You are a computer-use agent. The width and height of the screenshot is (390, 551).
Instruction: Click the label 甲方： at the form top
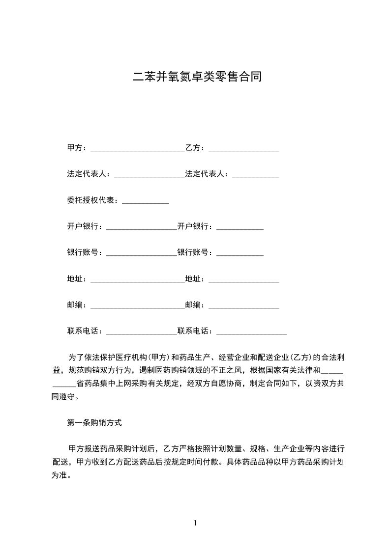pos(77,147)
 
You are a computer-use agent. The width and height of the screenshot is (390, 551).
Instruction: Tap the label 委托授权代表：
pos(93,200)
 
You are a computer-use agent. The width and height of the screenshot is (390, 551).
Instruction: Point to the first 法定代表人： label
pos(89,173)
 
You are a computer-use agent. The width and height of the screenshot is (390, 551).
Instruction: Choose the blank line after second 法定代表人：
pos(256,176)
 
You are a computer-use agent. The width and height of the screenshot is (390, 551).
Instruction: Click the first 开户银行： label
pos(85,226)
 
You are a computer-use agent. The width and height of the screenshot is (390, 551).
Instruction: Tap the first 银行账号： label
pos(85,252)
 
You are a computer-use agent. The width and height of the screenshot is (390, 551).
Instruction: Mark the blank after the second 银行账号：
pos(240,255)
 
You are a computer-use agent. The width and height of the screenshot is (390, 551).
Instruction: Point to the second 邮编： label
pos(196,305)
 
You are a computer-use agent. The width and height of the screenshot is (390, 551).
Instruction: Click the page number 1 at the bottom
pos(195,523)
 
